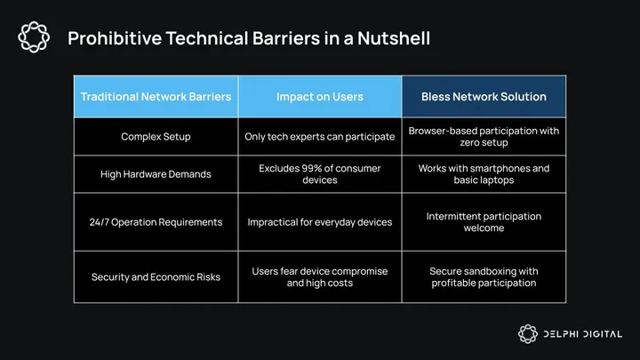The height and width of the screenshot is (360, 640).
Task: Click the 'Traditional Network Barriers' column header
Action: [x=156, y=96]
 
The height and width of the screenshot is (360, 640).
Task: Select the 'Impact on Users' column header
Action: [x=320, y=96]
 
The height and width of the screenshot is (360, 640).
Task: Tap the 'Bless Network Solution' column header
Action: [x=484, y=96]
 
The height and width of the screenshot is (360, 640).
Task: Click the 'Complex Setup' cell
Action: [x=156, y=137]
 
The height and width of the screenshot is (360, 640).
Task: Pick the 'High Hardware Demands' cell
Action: [x=156, y=174]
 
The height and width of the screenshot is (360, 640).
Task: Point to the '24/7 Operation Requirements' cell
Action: [x=156, y=221]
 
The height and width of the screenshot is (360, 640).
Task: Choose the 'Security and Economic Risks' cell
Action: [x=156, y=276]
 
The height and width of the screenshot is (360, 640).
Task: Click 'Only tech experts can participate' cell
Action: [x=320, y=137]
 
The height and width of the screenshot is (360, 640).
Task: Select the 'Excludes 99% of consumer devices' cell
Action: [x=320, y=174]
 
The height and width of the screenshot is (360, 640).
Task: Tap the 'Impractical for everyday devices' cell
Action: [x=320, y=221]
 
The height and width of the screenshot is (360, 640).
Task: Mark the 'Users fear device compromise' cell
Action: [x=320, y=276]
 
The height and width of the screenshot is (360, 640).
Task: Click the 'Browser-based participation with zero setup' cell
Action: [x=484, y=137]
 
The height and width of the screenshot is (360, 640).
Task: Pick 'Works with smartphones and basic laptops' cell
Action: [x=484, y=174]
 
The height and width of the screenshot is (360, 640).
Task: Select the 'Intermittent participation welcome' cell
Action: [x=484, y=221]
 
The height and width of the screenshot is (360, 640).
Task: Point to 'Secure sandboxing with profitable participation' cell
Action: [x=484, y=276]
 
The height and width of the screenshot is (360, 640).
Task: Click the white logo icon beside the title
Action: [x=35, y=37]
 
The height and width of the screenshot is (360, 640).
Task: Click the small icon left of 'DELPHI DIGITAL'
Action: [x=528, y=334]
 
